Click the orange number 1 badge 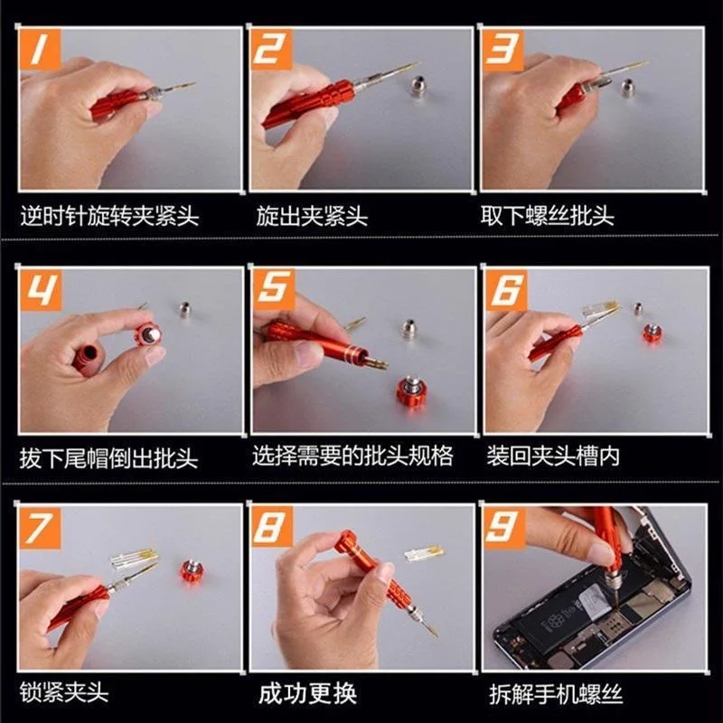40,50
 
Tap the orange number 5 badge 273,289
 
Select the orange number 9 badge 504,529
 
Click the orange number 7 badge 40,528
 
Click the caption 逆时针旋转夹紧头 109,216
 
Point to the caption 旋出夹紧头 312,216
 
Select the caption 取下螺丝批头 548,216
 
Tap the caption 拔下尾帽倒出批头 108,458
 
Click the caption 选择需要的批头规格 352,455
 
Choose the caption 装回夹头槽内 553,455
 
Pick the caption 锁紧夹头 64,692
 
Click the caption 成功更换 307,693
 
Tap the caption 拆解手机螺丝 556,694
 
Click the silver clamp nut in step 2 418,86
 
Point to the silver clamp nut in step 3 628,87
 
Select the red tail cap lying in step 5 411,391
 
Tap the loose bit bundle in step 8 425,553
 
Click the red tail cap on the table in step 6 653,333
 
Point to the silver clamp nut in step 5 408,328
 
